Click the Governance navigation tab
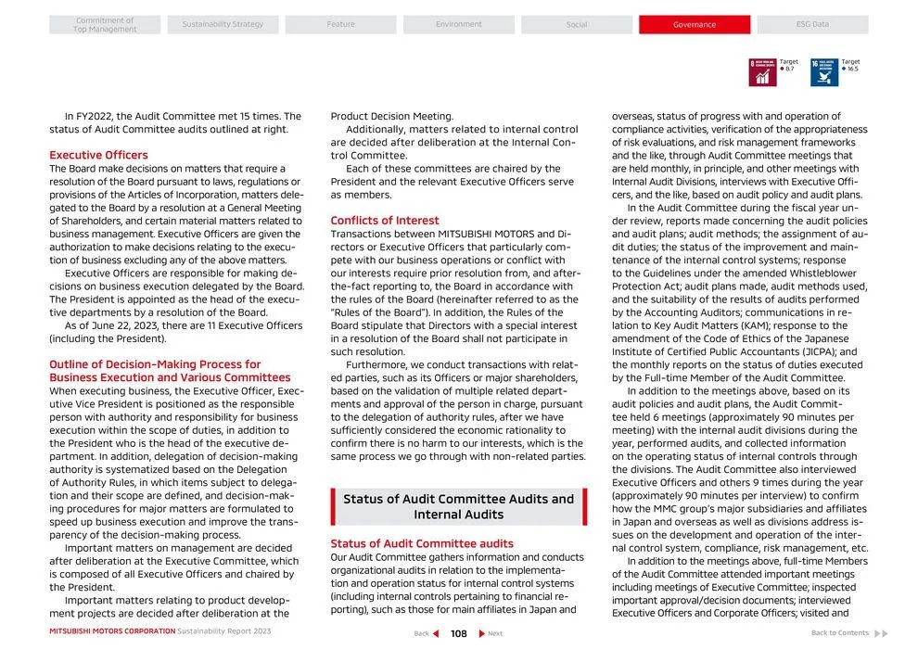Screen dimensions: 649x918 pos(694,25)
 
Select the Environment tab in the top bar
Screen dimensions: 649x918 pos(458,25)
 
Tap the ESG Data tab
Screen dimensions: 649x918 pos(812,25)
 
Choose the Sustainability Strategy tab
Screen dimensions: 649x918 pos(223,25)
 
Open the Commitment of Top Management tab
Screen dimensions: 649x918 pos(105,25)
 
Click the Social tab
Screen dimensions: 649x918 pos(577,25)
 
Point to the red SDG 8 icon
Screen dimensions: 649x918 pos(762,72)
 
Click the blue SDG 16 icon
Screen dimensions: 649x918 pos(823,72)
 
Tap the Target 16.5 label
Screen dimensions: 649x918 pos(850,65)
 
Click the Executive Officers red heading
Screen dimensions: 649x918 pos(98,155)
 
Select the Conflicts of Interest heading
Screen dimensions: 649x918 pos(385,221)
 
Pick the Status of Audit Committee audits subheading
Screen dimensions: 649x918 pos(422,543)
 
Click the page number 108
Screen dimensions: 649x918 pos(459,633)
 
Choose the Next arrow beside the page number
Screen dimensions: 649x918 pos(482,633)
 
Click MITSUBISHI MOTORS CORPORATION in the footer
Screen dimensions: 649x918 pos(112,631)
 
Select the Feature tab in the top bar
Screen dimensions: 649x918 pos(340,25)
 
